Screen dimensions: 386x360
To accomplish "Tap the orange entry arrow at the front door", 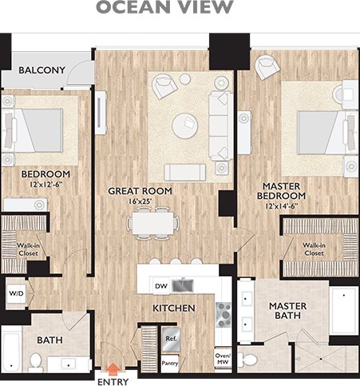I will pyautogui.click(x=114, y=370).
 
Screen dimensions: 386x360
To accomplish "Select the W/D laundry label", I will pyautogui.click(x=17, y=292).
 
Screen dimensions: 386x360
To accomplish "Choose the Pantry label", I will pyautogui.click(x=170, y=363).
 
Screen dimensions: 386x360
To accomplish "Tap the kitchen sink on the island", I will pyautogui.click(x=184, y=285).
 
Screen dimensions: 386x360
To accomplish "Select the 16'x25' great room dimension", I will pyautogui.click(x=129, y=203).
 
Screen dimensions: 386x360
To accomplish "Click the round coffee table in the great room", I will pyautogui.click(x=186, y=123).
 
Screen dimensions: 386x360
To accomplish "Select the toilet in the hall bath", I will pyautogui.click(x=34, y=363).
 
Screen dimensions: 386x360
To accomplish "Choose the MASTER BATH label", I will pyautogui.click(x=288, y=311).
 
